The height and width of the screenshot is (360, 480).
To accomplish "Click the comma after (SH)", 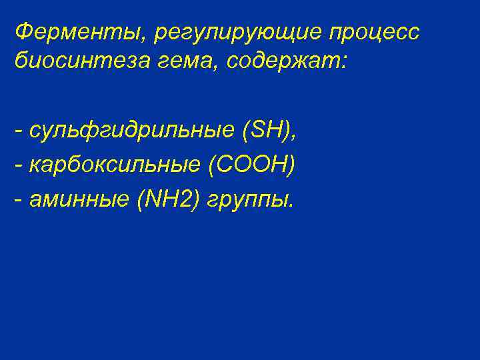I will click(x=294, y=139).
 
